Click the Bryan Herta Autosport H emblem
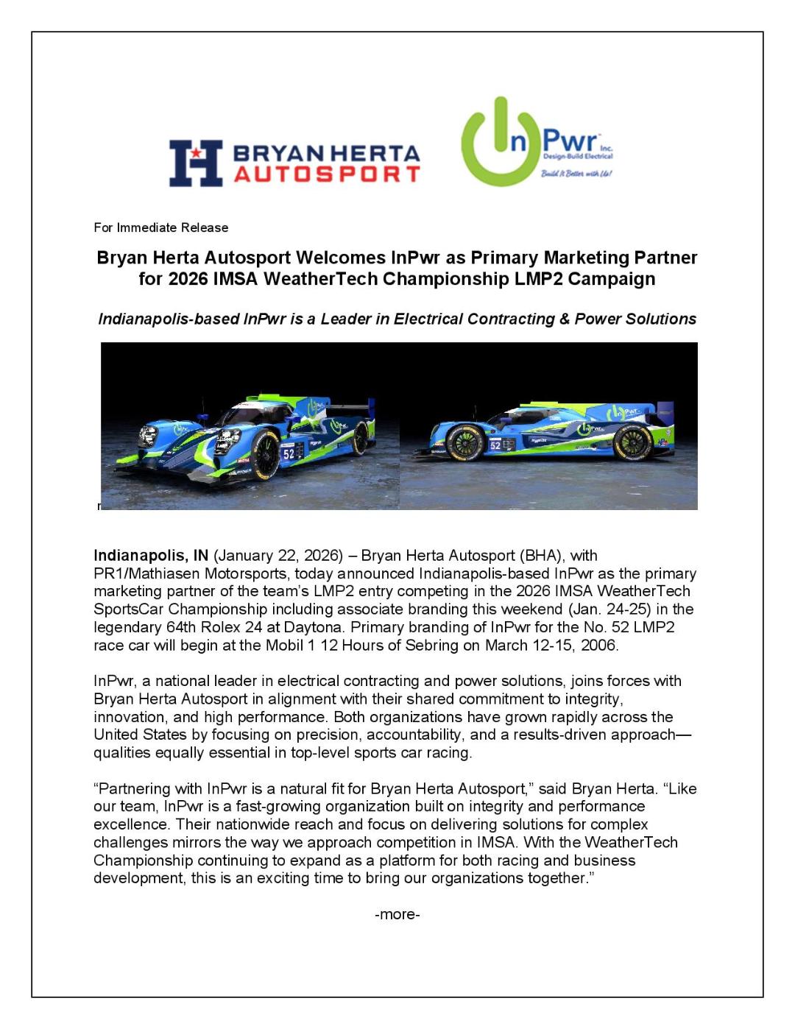pyautogui.click(x=196, y=163)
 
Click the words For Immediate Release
pyautogui.click(x=160, y=227)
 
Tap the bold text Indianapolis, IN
pyautogui.click(x=151, y=555)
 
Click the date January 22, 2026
pyautogui.click(x=278, y=555)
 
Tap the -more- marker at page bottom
pyautogui.click(x=397, y=914)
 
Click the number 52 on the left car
pyautogui.click(x=289, y=454)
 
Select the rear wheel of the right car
pyautogui.click(x=633, y=442)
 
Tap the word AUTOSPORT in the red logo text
pyautogui.click(x=326, y=174)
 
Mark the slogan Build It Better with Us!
pyautogui.click(x=576, y=174)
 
